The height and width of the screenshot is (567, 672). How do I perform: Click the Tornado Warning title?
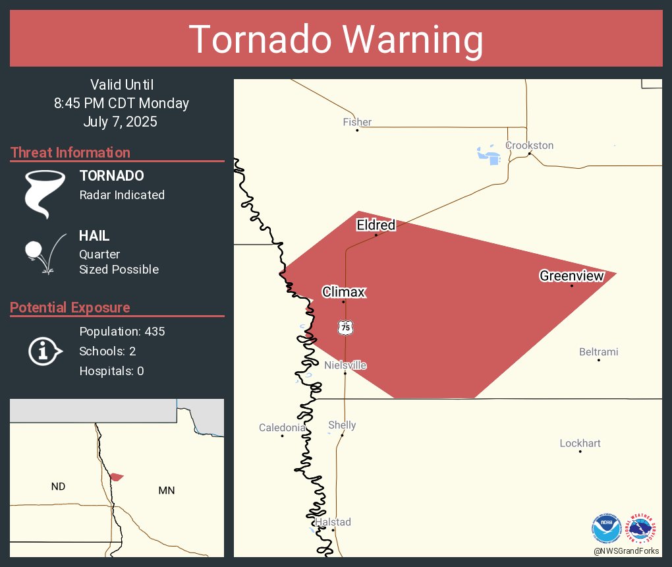tap(336, 40)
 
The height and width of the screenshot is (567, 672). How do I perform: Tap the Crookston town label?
tap(529, 145)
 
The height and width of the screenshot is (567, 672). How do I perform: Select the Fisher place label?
tap(357, 122)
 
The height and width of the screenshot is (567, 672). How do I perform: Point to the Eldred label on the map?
tap(376, 225)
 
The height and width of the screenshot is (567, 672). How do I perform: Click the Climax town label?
tap(343, 292)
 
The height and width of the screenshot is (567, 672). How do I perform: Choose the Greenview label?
tap(571, 276)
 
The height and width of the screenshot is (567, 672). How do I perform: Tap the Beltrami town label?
tap(598, 352)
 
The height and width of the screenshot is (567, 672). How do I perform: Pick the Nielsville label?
tap(345, 365)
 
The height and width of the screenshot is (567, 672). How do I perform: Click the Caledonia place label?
tap(282, 428)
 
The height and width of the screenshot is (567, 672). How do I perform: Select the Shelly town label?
tap(342, 425)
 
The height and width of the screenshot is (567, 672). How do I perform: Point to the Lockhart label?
tap(580, 443)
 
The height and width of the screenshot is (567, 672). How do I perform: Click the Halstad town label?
tap(333, 522)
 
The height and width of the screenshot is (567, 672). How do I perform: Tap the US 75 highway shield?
tap(345, 327)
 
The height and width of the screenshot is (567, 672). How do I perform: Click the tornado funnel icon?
tap(45, 194)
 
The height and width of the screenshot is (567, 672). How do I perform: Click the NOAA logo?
tap(606, 529)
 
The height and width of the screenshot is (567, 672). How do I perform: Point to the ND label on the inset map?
tap(58, 487)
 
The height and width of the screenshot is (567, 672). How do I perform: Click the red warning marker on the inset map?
tap(117, 477)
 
